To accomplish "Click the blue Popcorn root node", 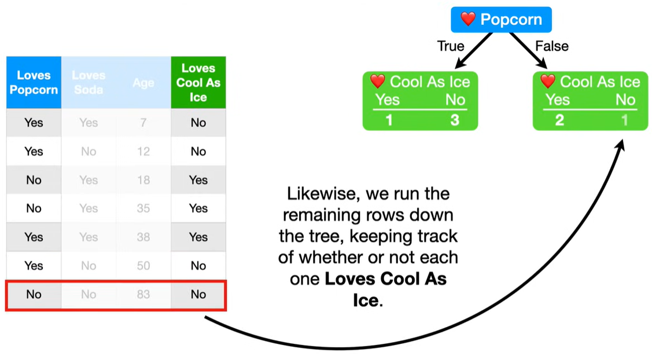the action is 501,20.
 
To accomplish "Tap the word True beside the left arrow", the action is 451,46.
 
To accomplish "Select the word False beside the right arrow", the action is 552,46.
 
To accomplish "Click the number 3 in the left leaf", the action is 455,120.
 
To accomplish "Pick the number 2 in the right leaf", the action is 559,120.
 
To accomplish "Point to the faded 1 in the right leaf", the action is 625,120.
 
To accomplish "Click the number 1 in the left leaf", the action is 389,120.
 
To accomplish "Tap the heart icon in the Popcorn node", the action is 468,19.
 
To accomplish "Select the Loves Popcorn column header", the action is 34,82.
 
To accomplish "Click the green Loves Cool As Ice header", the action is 198,82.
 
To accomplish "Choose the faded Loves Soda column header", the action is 89,82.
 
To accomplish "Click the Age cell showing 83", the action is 143,295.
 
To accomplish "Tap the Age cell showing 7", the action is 143,123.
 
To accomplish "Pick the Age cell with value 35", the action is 143,208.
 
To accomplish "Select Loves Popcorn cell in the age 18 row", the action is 34,180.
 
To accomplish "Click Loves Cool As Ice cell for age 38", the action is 198,237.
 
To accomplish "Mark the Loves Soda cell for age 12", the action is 89,152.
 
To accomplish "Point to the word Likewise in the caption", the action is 321,193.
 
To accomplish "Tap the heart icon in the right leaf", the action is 547,81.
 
